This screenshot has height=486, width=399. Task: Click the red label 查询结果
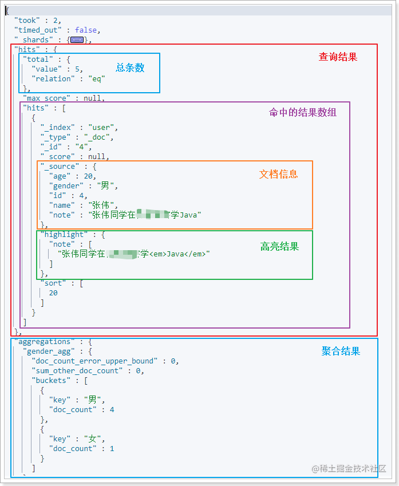[338, 57]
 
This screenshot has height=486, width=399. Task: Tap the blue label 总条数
[130, 68]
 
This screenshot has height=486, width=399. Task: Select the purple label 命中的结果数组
[303, 112]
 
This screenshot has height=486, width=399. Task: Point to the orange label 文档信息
[278, 174]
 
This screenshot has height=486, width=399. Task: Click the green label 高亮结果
[279, 247]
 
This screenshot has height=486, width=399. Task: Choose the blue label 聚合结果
[341, 351]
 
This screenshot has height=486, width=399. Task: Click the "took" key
[25, 20]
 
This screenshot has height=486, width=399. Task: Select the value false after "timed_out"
[86, 30]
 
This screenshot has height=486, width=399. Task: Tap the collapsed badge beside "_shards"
[77, 40]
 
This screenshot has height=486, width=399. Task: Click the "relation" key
[53, 78]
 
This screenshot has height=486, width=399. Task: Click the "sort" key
[53, 283]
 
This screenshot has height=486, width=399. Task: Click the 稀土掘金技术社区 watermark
[349, 468]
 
